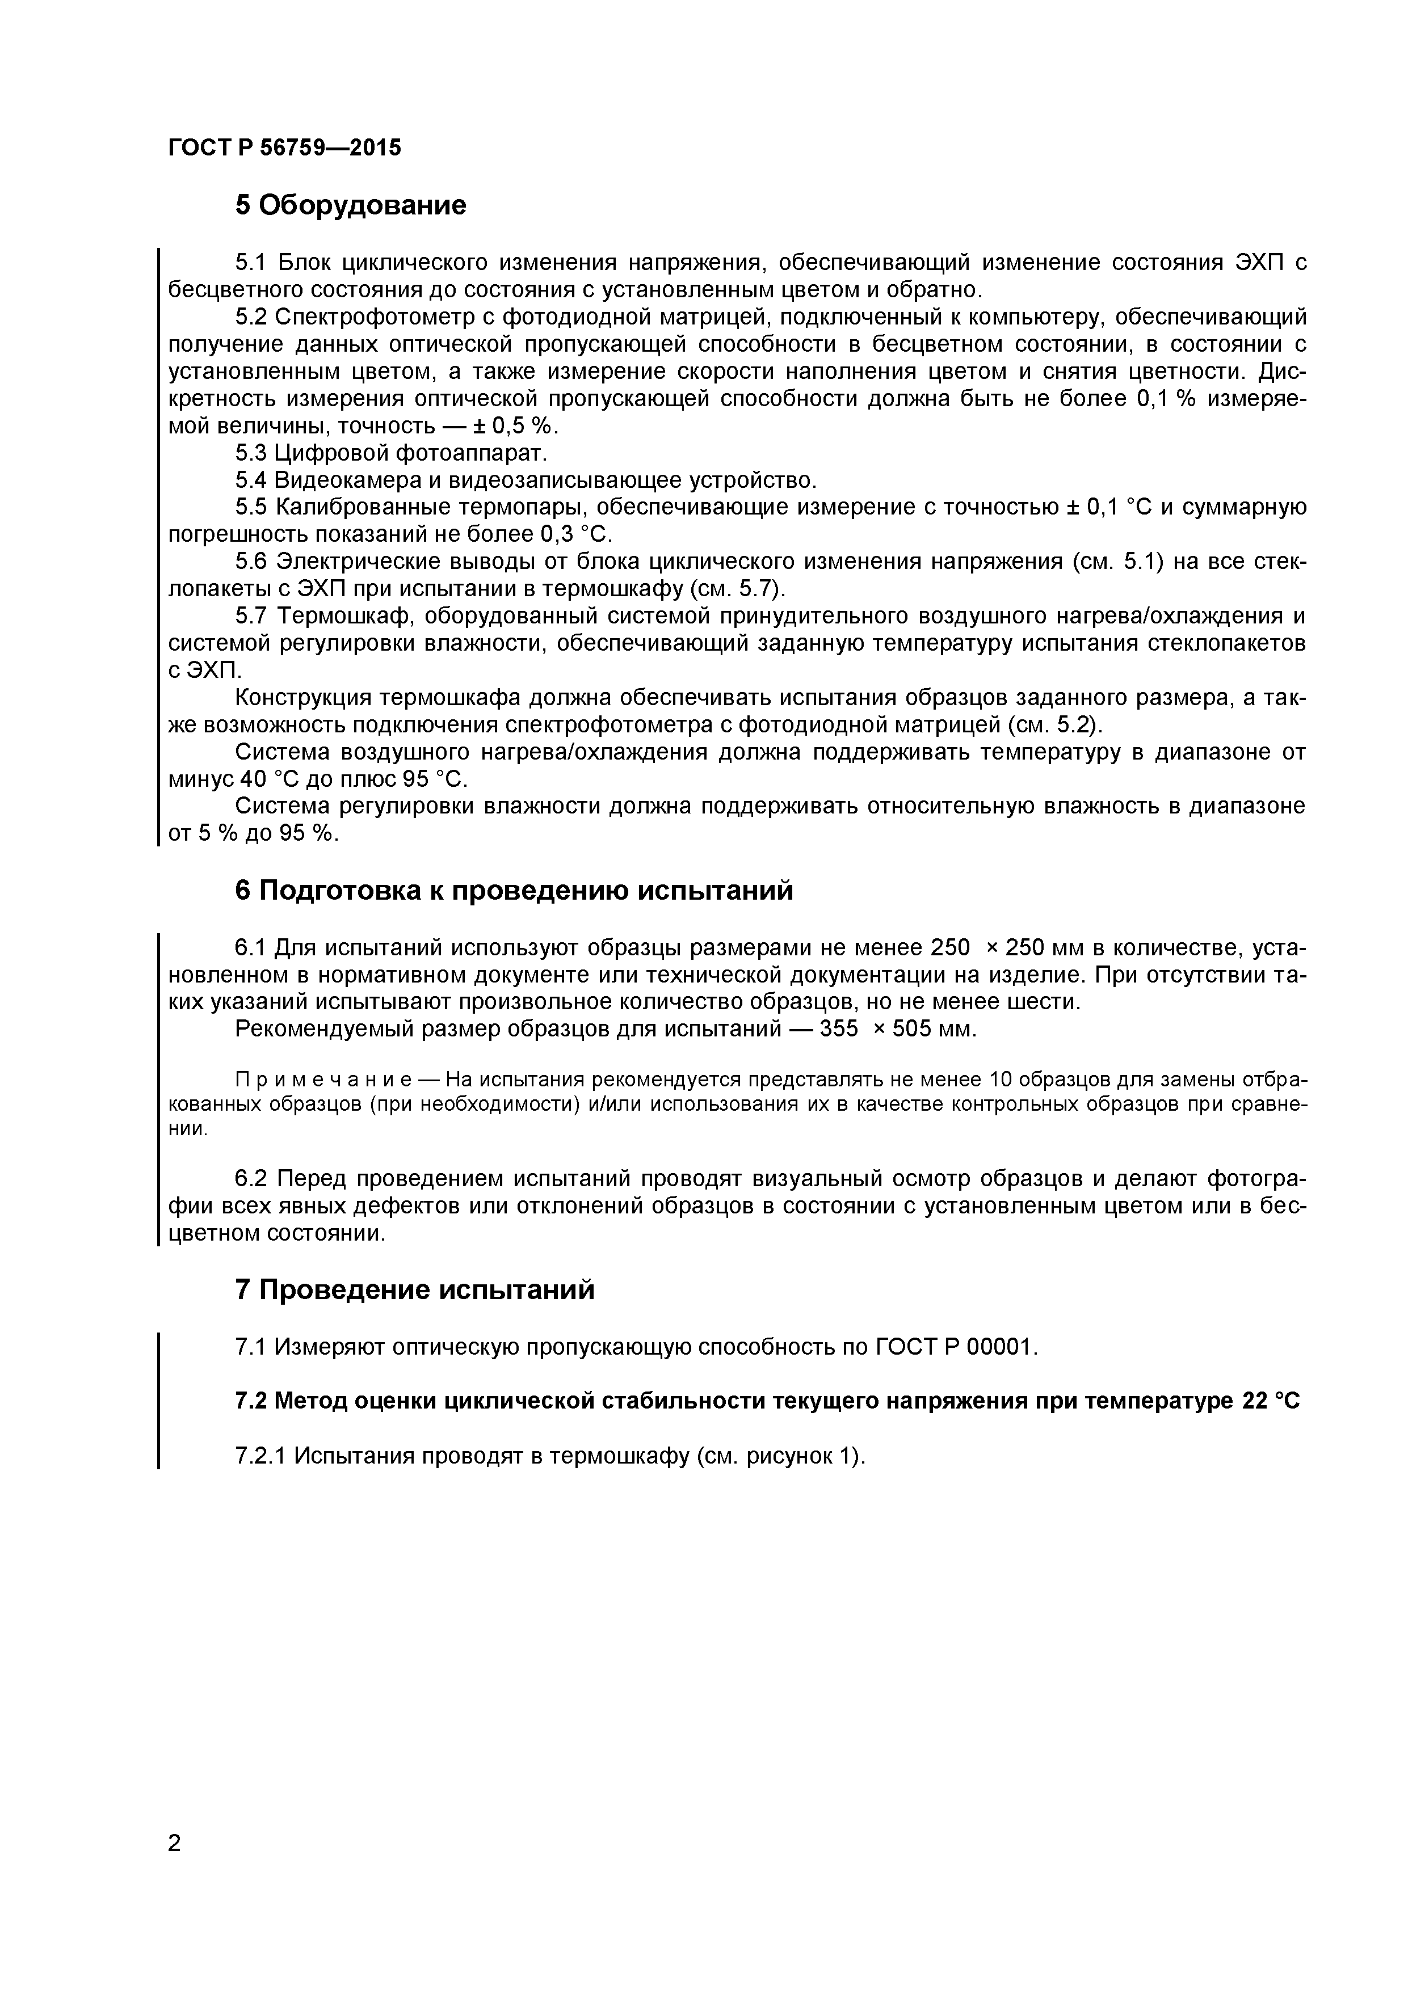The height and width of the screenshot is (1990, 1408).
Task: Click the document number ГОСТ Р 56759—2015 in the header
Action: point(284,148)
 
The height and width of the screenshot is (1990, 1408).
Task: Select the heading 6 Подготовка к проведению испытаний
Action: point(514,890)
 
